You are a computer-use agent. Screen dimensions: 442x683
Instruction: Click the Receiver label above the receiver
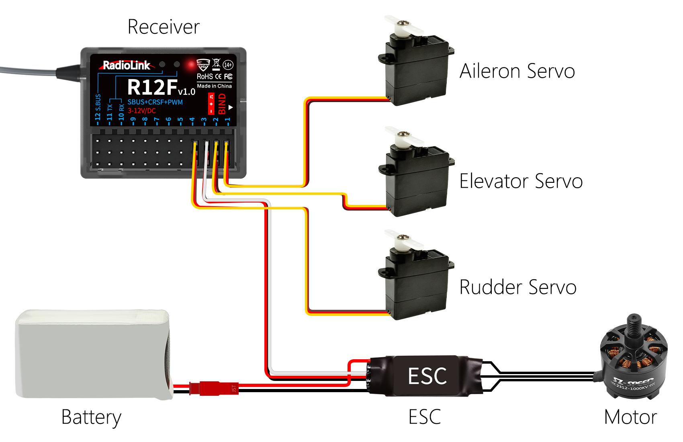click(x=163, y=27)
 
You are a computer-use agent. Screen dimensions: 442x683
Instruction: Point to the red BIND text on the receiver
click(x=222, y=104)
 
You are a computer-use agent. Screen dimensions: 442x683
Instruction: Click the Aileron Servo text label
click(x=517, y=71)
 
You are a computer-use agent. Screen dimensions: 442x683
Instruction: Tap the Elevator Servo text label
click(x=521, y=181)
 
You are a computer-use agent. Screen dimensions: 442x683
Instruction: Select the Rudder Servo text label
click(x=517, y=287)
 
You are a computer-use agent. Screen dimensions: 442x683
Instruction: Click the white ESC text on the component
click(x=427, y=376)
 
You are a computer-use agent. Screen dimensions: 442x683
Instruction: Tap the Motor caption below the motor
click(x=630, y=417)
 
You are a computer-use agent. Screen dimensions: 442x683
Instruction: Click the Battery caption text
click(x=91, y=417)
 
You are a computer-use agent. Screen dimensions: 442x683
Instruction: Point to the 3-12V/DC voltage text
click(x=141, y=110)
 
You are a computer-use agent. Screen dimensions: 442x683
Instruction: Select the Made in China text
click(x=214, y=86)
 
